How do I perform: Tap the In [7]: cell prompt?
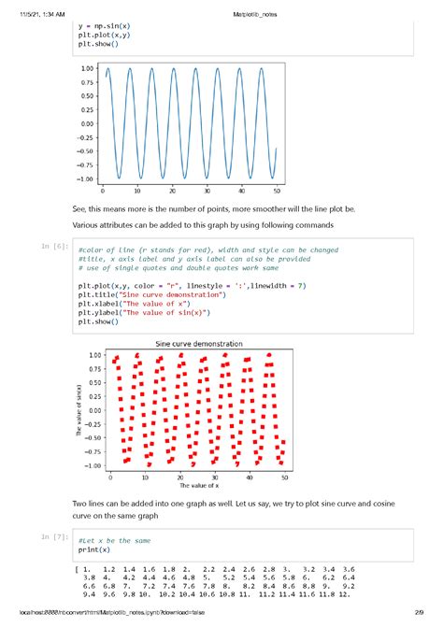[55, 537]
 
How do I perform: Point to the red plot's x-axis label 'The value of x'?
[192, 485]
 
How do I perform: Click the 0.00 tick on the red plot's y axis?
[93, 410]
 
